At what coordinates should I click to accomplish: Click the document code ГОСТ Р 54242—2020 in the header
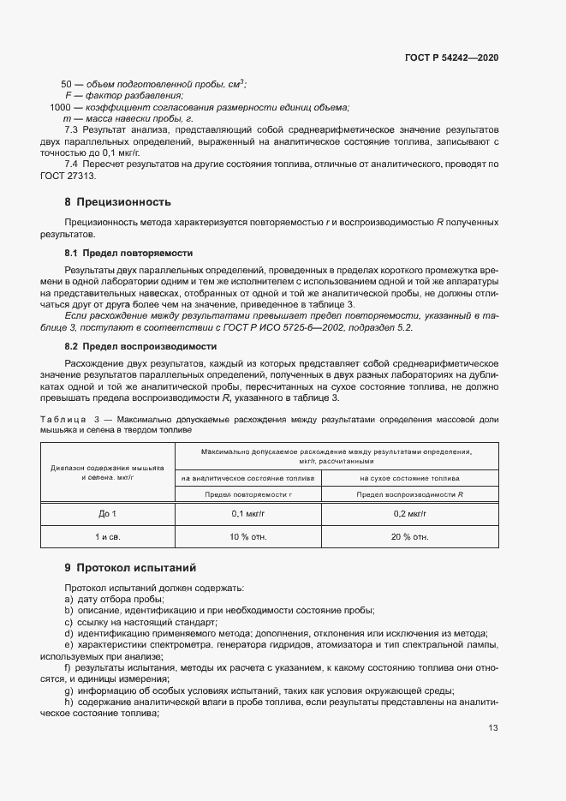tap(451, 57)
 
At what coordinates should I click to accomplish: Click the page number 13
tap(493, 728)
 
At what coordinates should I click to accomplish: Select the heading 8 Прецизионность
tap(118, 202)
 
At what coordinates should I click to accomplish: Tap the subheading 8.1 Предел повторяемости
tap(128, 254)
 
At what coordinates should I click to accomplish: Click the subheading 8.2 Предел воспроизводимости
tap(140, 346)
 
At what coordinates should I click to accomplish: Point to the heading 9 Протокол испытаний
tap(130, 567)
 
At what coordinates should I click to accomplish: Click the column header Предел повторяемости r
tap(248, 494)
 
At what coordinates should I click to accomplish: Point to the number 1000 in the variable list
tap(60, 106)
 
